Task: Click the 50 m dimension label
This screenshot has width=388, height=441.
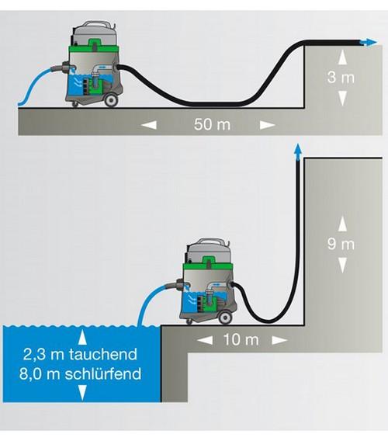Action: [x=212, y=124]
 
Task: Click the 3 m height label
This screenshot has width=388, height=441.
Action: [x=341, y=77]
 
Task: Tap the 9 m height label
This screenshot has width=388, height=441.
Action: [x=341, y=244]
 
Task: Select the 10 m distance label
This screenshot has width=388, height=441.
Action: [x=241, y=340]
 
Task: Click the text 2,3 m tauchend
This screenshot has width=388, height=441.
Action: [x=80, y=354]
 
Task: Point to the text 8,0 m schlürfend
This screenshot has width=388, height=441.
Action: [x=81, y=374]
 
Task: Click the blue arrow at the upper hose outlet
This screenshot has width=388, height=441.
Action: [x=369, y=42]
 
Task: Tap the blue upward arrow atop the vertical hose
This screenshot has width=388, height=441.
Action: [x=297, y=152]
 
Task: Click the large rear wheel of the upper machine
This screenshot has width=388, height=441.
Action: [x=110, y=99]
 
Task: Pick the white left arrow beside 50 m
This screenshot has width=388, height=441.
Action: [x=149, y=124]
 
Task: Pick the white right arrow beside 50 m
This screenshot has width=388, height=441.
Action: [x=267, y=124]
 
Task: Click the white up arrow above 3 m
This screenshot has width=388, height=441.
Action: [x=342, y=58]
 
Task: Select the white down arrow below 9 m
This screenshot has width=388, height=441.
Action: [x=342, y=266]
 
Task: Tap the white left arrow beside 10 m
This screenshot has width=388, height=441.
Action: [x=205, y=340]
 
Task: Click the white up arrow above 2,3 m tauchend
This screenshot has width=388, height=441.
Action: [x=81, y=338]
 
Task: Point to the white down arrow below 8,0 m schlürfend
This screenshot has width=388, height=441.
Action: [x=81, y=393]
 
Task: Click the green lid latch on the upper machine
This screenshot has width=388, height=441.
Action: [x=95, y=43]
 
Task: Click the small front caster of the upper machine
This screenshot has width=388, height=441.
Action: [x=75, y=105]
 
